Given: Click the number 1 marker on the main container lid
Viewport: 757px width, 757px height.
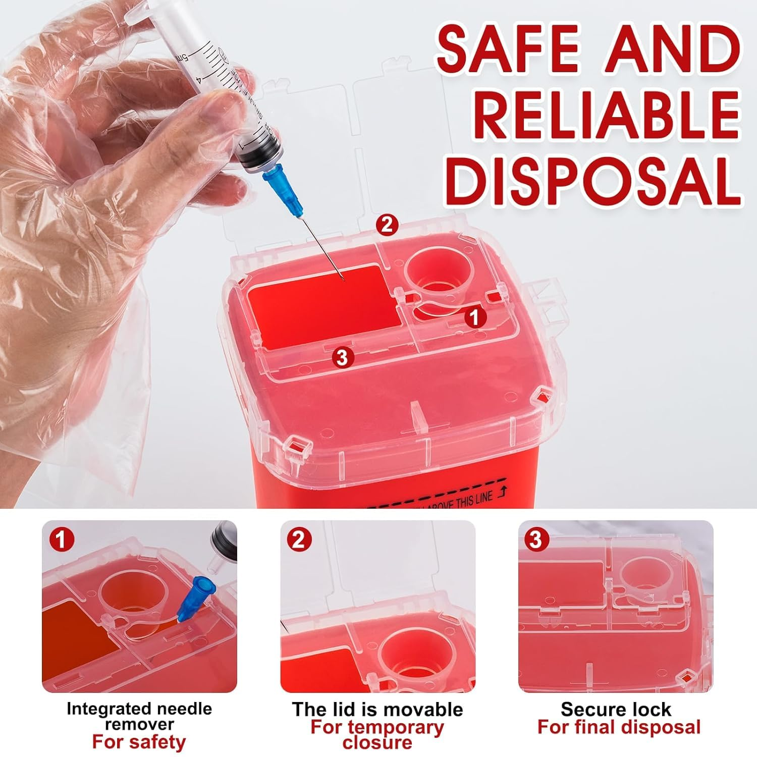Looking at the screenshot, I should click(x=474, y=317).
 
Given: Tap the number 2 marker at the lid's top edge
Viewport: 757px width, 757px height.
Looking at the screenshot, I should click(x=387, y=225).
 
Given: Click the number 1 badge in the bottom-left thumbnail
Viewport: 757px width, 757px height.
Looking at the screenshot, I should click(x=61, y=540).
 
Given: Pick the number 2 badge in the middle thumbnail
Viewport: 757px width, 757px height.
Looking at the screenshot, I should click(x=299, y=540).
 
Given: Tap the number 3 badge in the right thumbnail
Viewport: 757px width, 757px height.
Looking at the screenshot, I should click(x=536, y=539).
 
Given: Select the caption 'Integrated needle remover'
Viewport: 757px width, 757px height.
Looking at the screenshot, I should click(x=139, y=716).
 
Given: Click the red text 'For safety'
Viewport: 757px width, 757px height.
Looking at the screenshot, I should click(x=139, y=742).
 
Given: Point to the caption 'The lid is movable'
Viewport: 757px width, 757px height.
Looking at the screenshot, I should click(x=377, y=709).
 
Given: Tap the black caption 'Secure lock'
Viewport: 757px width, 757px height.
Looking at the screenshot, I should click(x=616, y=709).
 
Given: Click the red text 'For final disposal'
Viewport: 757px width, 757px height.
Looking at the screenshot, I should click(x=619, y=727).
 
